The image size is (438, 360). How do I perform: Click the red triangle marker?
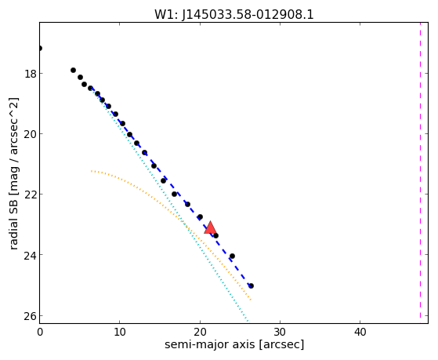pyautogui.click(x=210, y=227)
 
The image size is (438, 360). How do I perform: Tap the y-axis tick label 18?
pyautogui.click(x=30, y=75)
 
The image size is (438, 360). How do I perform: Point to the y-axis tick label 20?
pyautogui.click(x=30, y=135)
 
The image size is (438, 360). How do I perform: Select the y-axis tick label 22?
pyautogui.click(x=30, y=195)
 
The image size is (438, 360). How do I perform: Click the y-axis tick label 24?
pyautogui.click(x=30, y=256)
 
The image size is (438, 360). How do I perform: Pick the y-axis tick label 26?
pyautogui.click(x=30, y=316)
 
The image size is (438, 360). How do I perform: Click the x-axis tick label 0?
pyautogui.click(x=40, y=332)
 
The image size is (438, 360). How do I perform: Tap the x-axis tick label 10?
pyautogui.click(x=120, y=332)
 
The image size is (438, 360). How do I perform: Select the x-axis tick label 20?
pyautogui.click(x=200, y=332)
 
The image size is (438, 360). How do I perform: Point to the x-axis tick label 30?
pyautogui.click(x=280, y=332)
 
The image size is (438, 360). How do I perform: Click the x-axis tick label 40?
pyautogui.click(x=360, y=332)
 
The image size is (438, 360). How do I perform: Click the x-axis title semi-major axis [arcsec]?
pyautogui.click(x=234, y=344)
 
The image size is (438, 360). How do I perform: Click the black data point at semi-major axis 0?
pyautogui.click(x=40, y=49)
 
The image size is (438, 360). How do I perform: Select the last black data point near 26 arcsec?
pyautogui.click(x=251, y=285)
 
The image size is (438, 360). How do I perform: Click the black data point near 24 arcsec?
pyautogui.click(x=232, y=256)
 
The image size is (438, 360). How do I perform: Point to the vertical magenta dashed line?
pyautogui.click(x=420, y=170)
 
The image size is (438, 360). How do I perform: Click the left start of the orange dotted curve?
pyautogui.click(x=92, y=171)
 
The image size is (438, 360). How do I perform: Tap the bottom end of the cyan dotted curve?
pyautogui.click(x=248, y=321)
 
